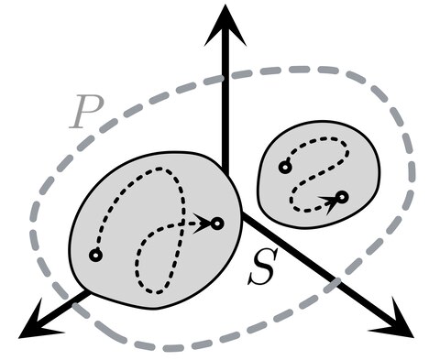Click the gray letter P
[x=86, y=112]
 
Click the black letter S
[x=263, y=267]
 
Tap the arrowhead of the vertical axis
[x=225, y=26]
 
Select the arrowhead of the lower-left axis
[x=39, y=322]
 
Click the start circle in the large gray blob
[x=95, y=255]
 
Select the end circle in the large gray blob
[x=217, y=224]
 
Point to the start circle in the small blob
[x=285, y=168]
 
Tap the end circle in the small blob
[x=342, y=197]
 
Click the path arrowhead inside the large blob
[x=202, y=224]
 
